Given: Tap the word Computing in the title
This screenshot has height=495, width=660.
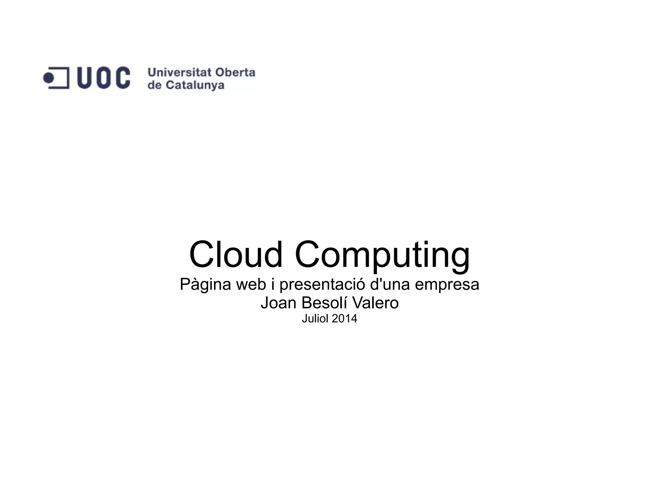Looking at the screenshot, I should tap(382, 255).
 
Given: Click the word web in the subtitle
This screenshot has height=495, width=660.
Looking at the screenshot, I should tap(251, 284).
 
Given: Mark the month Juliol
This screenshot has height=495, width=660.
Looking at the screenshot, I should tap(315, 319).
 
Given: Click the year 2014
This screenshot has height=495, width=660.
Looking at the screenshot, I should tap(344, 319).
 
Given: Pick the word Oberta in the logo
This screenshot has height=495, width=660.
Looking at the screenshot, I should tap(235, 72).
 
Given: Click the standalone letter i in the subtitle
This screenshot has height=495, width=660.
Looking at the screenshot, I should tap(272, 284).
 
